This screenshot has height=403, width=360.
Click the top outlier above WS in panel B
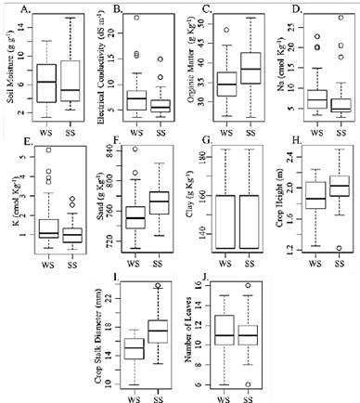(x=136, y=18)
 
